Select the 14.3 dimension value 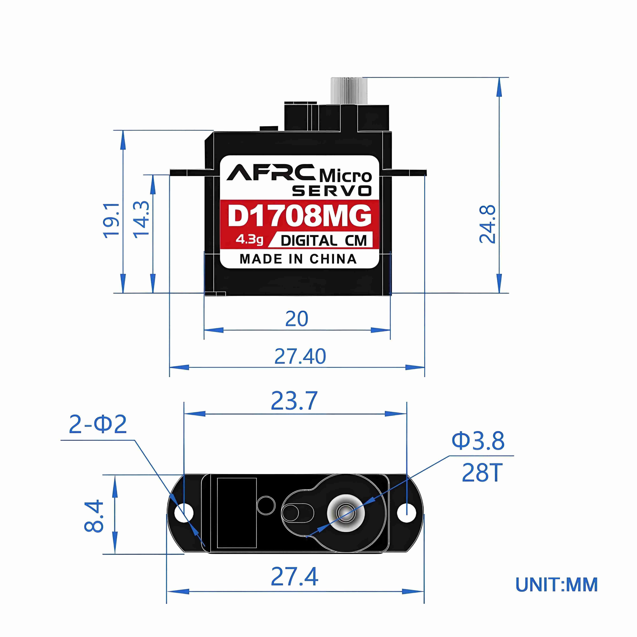[141, 219]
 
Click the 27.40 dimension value [300, 356]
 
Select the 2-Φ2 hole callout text [98, 425]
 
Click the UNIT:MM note [557, 585]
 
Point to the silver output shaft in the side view [346, 91]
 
